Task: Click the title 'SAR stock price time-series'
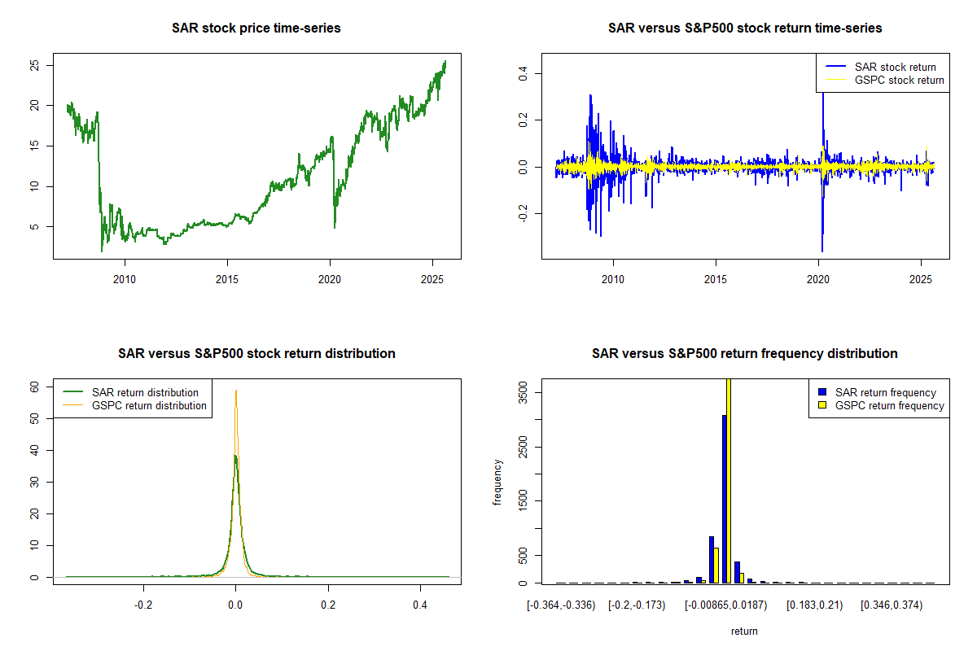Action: (256, 28)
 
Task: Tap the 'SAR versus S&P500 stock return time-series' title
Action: (745, 28)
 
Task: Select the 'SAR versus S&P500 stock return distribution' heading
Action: (256, 354)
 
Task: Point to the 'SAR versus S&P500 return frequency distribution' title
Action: (745, 354)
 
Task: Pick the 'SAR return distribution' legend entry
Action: (145, 392)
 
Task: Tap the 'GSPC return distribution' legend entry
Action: (149, 405)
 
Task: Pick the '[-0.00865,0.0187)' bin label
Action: (728, 605)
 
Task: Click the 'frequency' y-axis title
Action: (498, 482)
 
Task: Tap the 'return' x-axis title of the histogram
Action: (744, 631)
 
